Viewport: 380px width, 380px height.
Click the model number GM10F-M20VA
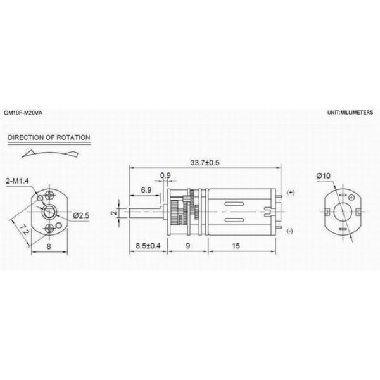[x=23, y=113]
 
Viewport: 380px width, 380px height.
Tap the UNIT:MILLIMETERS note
[x=350, y=113]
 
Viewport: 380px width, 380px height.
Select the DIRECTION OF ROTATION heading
[x=49, y=137]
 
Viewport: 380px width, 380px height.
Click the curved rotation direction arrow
[x=50, y=154]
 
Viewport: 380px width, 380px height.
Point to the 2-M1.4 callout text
[x=17, y=180]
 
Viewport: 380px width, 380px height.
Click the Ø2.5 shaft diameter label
[x=81, y=215]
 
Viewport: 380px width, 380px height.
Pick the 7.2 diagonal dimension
[x=25, y=229]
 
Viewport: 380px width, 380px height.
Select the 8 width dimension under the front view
[x=49, y=246]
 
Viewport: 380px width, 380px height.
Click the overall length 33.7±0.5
[x=205, y=162]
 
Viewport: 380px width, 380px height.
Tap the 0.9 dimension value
[x=165, y=175]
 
